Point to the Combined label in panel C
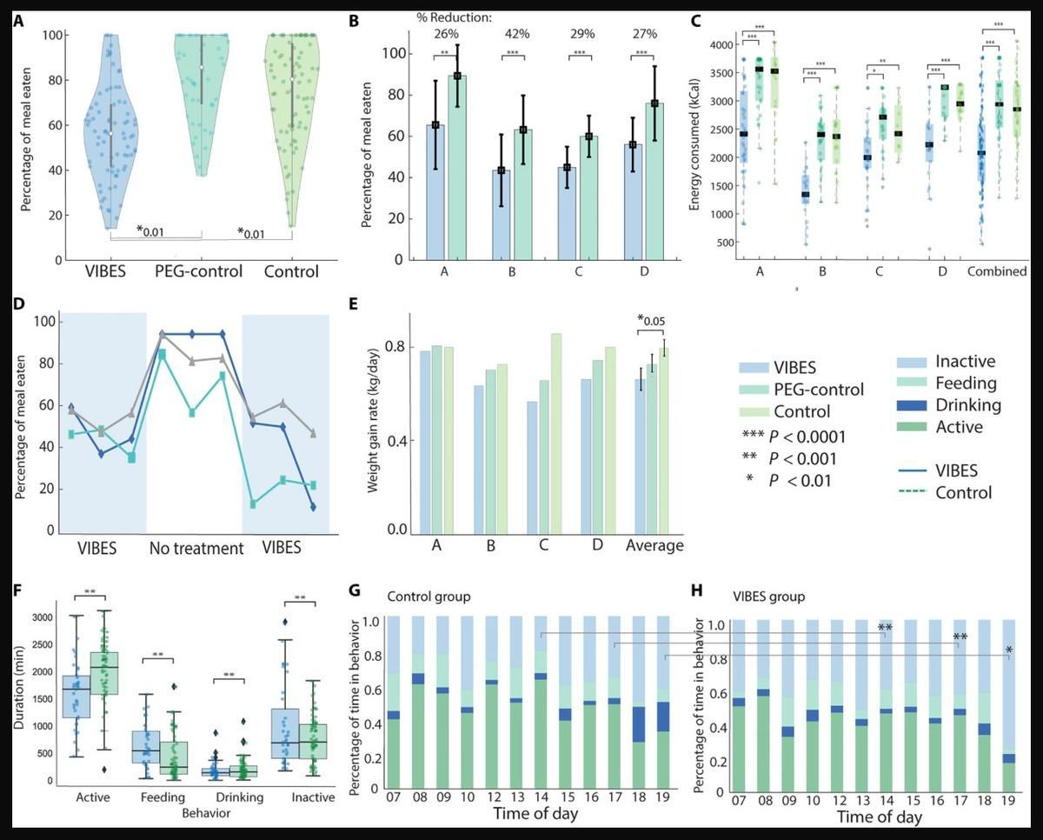(x=998, y=270)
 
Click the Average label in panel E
(x=654, y=545)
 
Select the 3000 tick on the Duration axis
(x=39, y=617)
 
